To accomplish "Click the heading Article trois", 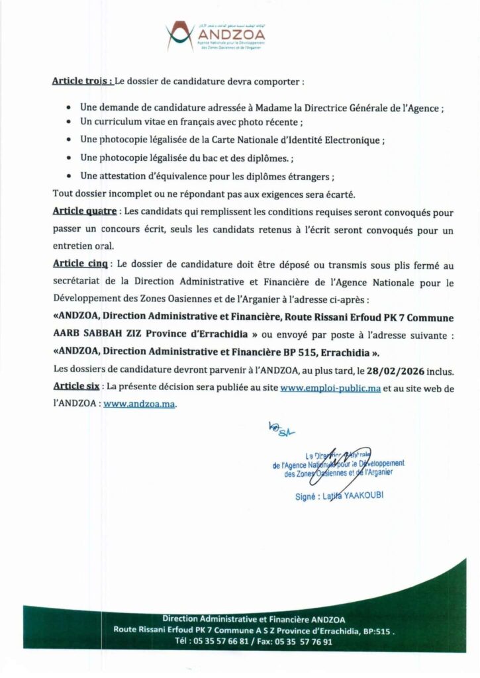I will (x=82, y=82).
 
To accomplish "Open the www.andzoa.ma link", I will (x=139, y=403).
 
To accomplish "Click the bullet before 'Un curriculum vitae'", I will (x=70, y=123).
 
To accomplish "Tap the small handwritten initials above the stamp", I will (x=281, y=429).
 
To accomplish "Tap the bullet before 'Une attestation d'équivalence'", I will (x=70, y=177).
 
